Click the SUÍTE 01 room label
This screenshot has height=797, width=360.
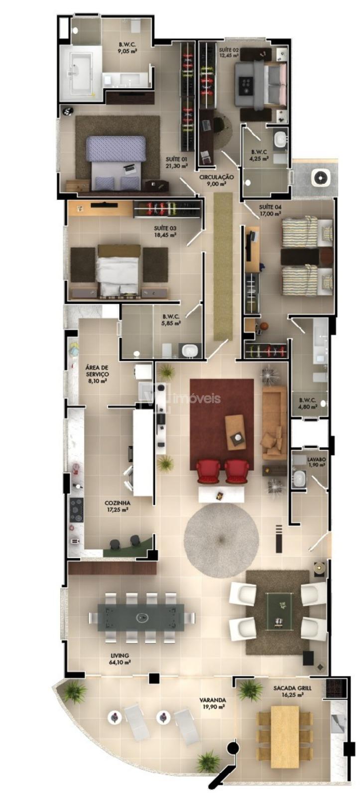(x=176, y=159)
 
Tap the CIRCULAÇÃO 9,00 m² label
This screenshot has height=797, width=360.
(x=216, y=180)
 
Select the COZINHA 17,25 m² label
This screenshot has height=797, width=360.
(x=117, y=506)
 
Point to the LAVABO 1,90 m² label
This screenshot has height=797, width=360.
(x=316, y=462)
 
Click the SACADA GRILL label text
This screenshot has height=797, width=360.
(x=292, y=688)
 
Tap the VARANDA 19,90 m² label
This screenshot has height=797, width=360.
(x=213, y=703)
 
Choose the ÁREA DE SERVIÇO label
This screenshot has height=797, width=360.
(x=97, y=371)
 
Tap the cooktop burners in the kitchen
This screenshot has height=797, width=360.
(x=76, y=510)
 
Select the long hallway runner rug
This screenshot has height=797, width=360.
(x=223, y=266)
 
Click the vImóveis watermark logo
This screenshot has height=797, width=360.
(x=181, y=398)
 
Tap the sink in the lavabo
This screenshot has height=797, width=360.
(x=299, y=478)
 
